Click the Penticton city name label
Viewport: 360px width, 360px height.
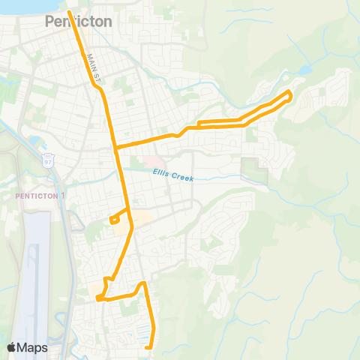pyautogui.click(x=78, y=22)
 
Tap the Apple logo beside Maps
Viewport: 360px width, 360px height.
pyautogui.click(x=11, y=347)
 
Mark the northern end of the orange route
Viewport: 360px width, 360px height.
pyautogui.click(x=70, y=12)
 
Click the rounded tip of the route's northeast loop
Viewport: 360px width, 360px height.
pyautogui.click(x=290, y=94)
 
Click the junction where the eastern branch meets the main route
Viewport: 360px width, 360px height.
pyautogui.click(x=115, y=146)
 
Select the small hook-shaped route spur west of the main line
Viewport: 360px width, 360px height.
pyautogui.click(x=113, y=219)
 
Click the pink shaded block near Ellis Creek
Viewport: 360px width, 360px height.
pyautogui.click(x=152, y=161)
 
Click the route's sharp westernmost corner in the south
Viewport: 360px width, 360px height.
pyautogui.click(x=97, y=299)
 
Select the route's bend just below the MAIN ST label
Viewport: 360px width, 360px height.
pyautogui.click(x=97, y=86)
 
